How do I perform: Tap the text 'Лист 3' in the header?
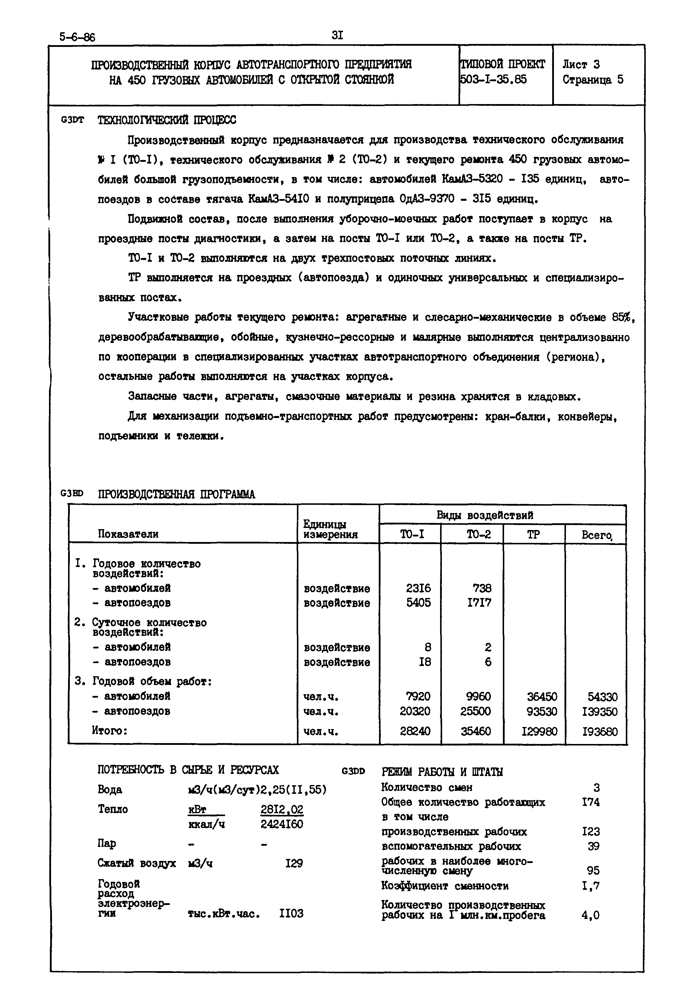(x=581, y=65)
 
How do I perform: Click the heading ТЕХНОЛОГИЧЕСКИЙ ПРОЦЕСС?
(x=167, y=120)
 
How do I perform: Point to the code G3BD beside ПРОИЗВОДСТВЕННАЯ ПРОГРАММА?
(x=72, y=493)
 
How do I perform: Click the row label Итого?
(x=110, y=731)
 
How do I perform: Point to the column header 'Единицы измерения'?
(x=330, y=529)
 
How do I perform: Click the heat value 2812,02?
(x=282, y=810)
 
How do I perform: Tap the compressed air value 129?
(x=294, y=863)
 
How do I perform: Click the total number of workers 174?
(x=591, y=802)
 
